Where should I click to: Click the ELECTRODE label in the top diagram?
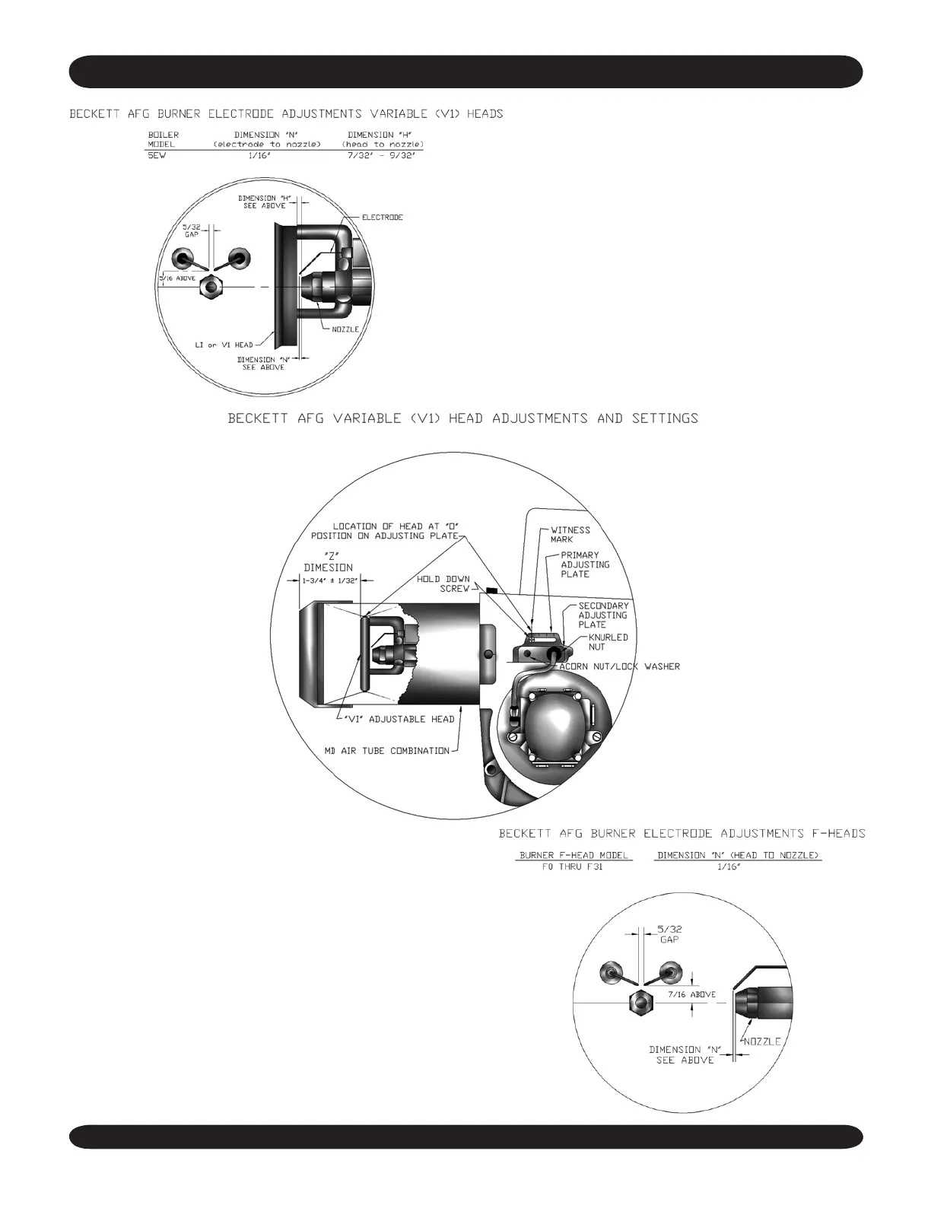[382, 218]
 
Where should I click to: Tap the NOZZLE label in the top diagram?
[345, 329]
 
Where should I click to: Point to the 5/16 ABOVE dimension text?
[176, 278]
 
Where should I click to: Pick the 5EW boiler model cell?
[157, 155]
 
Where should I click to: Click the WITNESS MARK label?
[570, 534]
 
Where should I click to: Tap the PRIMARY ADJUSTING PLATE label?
[585, 564]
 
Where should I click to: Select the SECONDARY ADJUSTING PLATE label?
[603, 615]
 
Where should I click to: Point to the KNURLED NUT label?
[608, 642]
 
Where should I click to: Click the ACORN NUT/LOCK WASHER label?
[620, 666]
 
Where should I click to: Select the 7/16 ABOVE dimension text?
[691, 994]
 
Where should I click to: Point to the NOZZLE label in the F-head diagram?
[761, 1041]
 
